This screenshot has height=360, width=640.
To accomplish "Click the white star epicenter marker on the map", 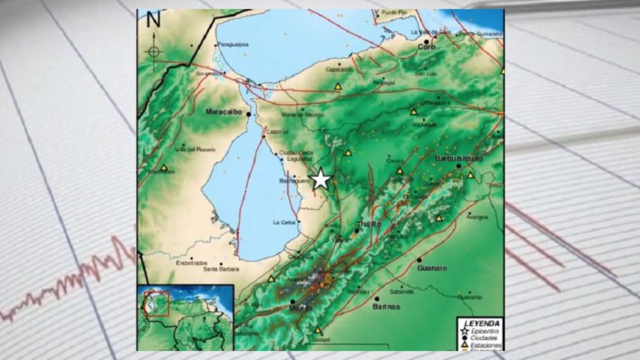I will coord(321,179).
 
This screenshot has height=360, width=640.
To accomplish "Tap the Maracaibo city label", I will coord(225,112).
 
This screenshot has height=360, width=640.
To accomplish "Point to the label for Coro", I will coord(426,47).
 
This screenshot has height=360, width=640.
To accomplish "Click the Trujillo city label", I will coord(368,223).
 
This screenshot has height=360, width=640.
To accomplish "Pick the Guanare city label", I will coord(432,268).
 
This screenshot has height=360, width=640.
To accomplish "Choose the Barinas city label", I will coord(386,306).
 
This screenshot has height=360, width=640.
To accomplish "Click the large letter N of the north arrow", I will coord(153,21).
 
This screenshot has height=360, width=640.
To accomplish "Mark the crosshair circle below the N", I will coord(153,51).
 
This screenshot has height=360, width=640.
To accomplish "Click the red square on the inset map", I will coord(158,303).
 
